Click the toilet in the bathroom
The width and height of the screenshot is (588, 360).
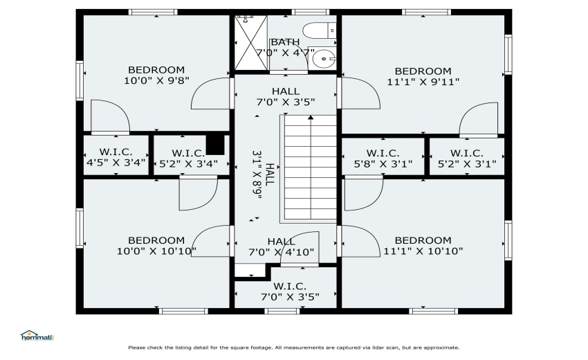[320, 30]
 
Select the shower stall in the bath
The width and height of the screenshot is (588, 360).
[250, 43]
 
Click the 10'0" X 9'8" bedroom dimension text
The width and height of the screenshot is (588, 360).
[156, 81]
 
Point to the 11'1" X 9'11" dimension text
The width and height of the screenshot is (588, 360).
[423, 82]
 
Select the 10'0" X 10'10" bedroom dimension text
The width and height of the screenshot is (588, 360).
[156, 251]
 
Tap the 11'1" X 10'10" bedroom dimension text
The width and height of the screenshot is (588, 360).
[423, 251]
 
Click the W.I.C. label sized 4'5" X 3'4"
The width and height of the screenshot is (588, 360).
[116, 164]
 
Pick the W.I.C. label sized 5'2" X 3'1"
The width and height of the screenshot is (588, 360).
[466, 164]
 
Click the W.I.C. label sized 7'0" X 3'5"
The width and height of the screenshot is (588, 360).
[290, 296]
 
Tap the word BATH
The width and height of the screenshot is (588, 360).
[285, 42]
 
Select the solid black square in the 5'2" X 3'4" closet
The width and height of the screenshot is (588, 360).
[217, 144]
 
